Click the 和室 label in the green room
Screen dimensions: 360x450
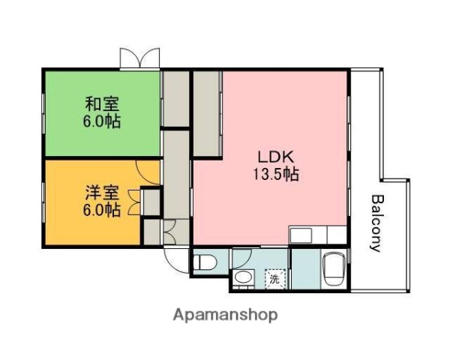[x=101, y=103]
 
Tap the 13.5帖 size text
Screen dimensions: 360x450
[x=276, y=175]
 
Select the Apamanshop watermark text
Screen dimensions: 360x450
[x=224, y=314]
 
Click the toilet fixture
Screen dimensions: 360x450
[x=205, y=262]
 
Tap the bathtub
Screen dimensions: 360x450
[x=331, y=268]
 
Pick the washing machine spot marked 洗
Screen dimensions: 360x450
[x=277, y=278]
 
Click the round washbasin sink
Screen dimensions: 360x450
[x=243, y=280]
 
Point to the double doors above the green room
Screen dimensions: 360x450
[x=139, y=59]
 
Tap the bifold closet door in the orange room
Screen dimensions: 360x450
[x=136, y=202]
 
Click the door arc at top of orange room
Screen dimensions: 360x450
[x=148, y=172]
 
